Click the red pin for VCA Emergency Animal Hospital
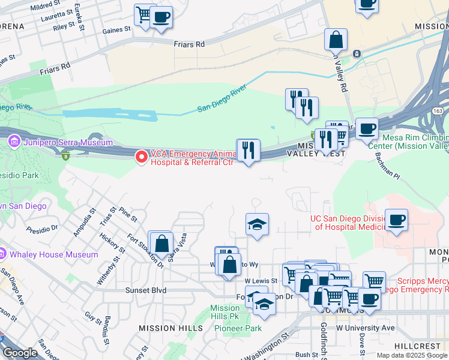coord(142,157)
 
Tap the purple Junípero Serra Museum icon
coord(14,142)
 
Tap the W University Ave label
coord(365,328)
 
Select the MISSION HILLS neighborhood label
coord(170,328)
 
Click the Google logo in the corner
coord(20,352)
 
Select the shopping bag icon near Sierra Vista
coord(161,243)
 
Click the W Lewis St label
coord(261,280)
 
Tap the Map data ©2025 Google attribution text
coord(412,355)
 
